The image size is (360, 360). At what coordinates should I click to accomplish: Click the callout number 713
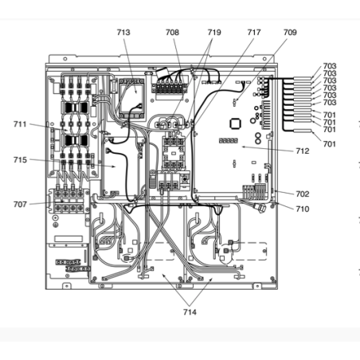click(123, 33)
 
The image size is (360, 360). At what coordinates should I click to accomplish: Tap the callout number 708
click(172, 33)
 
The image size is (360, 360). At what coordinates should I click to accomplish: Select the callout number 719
click(214, 33)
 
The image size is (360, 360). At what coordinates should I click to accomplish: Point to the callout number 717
click(254, 33)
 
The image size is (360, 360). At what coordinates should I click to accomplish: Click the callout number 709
click(290, 33)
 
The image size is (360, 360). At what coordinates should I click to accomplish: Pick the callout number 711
click(20, 124)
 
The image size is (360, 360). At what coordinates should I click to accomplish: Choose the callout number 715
click(20, 160)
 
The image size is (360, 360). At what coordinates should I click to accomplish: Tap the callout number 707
click(20, 204)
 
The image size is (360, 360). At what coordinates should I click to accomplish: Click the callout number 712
click(303, 151)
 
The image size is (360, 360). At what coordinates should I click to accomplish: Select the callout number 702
click(303, 194)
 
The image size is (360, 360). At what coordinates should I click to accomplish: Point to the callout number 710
click(303, 209)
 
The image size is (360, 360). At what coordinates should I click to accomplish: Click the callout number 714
click(190, 312)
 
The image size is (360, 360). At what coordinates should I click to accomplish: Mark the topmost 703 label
click(330, 66)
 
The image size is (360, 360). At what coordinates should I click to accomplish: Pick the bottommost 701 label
click(330, 144)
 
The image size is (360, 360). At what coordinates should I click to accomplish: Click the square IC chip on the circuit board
click(235, 123)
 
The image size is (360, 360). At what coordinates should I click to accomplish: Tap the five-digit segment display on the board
click(229, 140)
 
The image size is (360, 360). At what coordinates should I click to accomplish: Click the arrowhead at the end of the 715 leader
click(114, 166)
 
